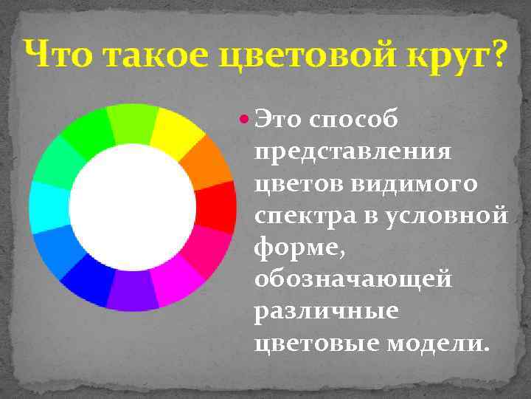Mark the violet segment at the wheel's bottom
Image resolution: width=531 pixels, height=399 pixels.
(x=133, y=290)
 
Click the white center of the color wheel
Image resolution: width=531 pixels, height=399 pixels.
(x=133, y=207)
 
